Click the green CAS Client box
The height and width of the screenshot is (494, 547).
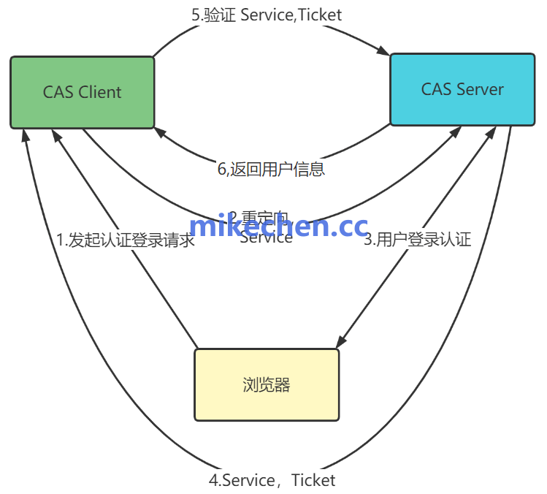[x=82, y=92]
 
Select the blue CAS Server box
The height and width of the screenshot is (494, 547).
[x=462, y=89]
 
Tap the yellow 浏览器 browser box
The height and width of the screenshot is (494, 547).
[x=266, y=385]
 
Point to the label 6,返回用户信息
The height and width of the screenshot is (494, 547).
[x=271, y=169]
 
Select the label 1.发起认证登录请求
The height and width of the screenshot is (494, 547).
[x=126, y=240]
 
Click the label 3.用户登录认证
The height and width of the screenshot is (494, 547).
[x=418, y=239]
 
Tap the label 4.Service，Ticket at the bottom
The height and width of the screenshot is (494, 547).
[x=272, y=480]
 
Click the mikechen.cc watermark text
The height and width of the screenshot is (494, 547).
[x=278, y=227]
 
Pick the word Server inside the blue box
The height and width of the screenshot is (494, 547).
[x=479, y=89]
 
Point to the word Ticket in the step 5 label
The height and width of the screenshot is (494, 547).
[x=319, y=14]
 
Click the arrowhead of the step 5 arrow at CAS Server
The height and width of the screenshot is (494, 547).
[x=384, y=52]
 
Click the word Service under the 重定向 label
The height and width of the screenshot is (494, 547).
[x=266, y=237]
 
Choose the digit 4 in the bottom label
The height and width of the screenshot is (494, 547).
[x=213, y=480]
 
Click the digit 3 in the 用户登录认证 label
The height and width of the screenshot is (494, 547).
[x=368, y=239]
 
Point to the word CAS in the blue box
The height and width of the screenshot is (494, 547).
[x=437, y=89]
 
